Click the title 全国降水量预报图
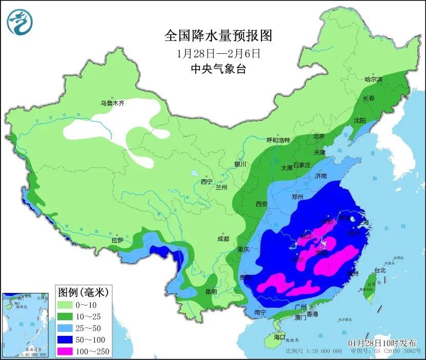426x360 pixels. coord(217,35)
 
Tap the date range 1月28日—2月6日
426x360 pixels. coord(218,53)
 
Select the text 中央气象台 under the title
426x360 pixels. coord(218,69)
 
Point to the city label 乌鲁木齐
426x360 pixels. coord(112,103)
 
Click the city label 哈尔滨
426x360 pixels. coord(373,79)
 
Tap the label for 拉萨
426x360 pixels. coord(117,240)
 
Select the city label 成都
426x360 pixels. coord(224,238)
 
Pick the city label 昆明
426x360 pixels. coord(211,292)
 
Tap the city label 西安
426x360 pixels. coord(261,204)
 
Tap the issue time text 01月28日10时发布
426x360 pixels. coord(382,343)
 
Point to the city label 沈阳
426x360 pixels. coord(359,121)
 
